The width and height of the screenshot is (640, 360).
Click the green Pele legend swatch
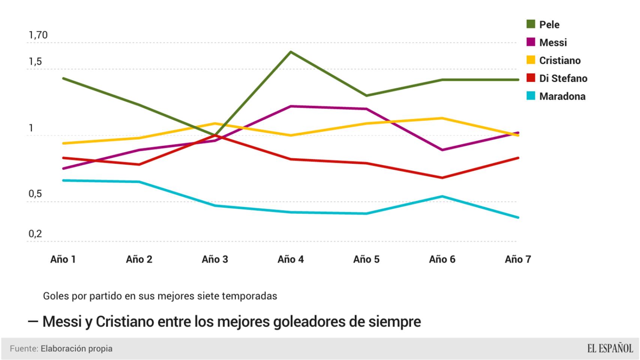[531, 24]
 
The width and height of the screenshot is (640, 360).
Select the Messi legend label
[553, 42]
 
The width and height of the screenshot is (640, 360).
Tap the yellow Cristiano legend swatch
[531, 60]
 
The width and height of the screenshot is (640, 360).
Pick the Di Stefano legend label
[563, 78]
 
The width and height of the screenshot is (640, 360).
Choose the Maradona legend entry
[562, 96]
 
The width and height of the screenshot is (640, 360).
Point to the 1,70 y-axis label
[38, 35]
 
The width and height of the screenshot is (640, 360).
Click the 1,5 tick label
[35, 61]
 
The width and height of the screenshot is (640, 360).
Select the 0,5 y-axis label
[35, 194]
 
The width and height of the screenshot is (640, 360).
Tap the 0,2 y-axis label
[35, 234]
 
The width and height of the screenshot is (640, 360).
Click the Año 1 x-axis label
[63, 259]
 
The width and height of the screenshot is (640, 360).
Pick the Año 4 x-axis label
[290, 259]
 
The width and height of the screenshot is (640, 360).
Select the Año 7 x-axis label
[518, 259]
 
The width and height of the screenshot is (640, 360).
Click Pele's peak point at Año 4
[291, 52]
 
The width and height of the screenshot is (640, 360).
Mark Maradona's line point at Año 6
[442, 196]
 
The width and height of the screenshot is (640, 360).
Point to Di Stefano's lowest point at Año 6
[442, 178]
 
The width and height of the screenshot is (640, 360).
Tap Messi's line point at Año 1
[63, 168]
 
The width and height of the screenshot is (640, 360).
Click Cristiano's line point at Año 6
[442, 118]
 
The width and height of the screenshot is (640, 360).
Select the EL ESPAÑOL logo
[610, 348]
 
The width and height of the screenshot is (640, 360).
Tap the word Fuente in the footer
[24, 348]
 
